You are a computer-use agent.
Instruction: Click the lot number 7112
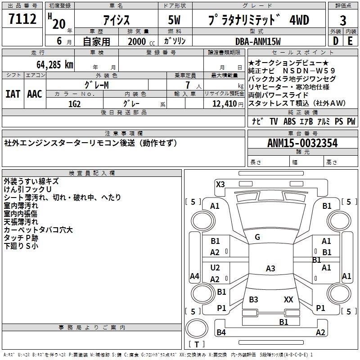pos(22,19)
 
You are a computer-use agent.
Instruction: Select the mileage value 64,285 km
pos(54,65)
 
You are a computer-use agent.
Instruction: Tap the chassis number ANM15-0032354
pos(302,143)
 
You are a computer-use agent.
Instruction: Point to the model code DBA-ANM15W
pos(258,41)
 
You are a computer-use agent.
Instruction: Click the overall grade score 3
pos(343,21)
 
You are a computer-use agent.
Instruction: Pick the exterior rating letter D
pos(335,41)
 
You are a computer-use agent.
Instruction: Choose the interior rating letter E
pos(350,41)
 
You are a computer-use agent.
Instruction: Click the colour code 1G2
pos(74,104)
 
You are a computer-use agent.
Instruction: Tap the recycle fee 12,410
pos(224,104)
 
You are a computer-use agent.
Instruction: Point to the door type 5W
pos(174,20)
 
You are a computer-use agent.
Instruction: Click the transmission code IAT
pos(13,94)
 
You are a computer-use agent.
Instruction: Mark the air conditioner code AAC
pos(35,94)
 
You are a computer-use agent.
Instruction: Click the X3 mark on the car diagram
pos(220,184)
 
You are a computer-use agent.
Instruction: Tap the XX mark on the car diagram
pos(288,299)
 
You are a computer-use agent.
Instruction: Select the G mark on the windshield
pos(257,237)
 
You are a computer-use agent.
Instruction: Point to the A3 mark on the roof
pos(270,268)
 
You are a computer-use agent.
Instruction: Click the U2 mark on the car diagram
pos(215,268)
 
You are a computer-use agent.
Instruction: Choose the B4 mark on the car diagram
pos(221,332)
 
